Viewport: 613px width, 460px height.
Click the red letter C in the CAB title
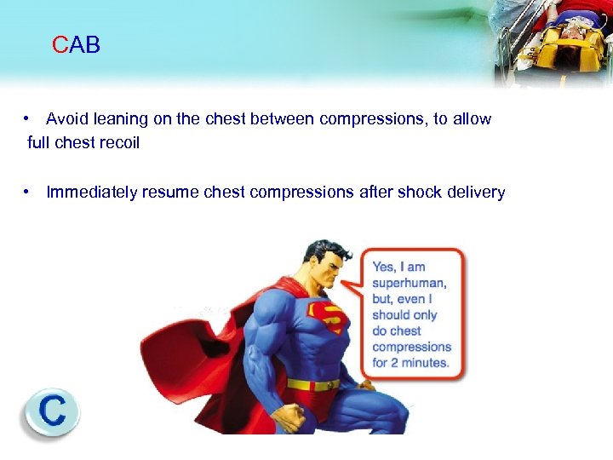[60, 45]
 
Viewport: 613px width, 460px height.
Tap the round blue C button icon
[51, 412]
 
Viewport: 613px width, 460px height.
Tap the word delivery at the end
[478, 193]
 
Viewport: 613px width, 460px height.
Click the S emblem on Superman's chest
[328, 316]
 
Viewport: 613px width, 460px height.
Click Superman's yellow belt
[312, 384]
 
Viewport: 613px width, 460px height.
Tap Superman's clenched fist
[290, 417]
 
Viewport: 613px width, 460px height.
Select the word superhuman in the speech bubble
[409, 283]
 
